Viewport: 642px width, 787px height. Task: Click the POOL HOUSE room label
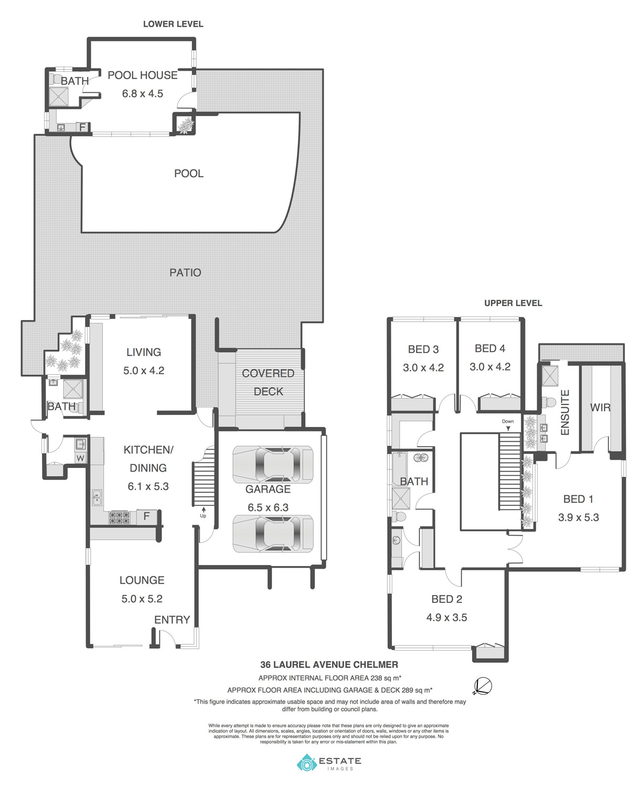click(143, 76)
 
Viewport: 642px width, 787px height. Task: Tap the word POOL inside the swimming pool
click(189, 174)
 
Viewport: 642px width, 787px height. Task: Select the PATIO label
click(185, 273)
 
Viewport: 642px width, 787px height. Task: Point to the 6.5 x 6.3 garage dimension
click(268, 507)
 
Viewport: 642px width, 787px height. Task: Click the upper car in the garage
click(273, 464)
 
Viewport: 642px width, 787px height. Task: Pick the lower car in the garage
click(273, 534)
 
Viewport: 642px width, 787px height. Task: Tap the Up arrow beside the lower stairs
click(204, 510)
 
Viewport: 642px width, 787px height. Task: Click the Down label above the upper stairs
click(508, 421)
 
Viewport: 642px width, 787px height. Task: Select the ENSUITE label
click(565, 412)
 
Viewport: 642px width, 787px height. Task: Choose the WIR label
click(600, 408)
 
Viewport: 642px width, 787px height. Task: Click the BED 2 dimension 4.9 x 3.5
click(446, 618)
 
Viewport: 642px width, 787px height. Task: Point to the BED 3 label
click(423, 349)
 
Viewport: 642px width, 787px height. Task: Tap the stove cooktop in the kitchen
click(119, 517)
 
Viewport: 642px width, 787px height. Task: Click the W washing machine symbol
click(80, 458)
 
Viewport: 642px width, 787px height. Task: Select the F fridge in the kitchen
click(147, 516)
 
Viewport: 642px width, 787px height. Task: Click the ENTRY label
click(172, 620)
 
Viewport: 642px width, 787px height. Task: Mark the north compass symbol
click(483, 686)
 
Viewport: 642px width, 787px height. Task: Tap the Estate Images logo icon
click(307, 762)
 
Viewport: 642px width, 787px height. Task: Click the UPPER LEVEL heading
click(513, 303)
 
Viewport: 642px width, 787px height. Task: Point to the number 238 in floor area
click(376, 678)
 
